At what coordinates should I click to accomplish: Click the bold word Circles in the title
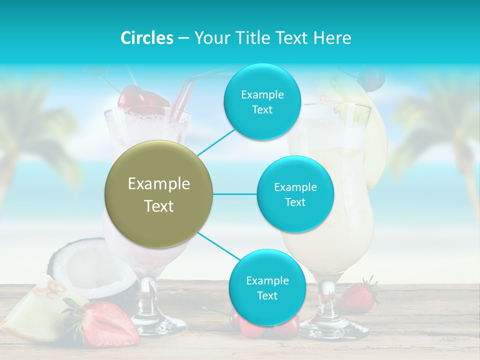point(147,38)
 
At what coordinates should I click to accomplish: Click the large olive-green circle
point(158,194)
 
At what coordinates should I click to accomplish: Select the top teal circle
point(262,101)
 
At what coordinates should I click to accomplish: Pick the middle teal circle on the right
point(295,194)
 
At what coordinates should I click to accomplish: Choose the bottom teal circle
point(267,287)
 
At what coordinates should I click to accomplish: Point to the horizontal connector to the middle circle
point(234,194)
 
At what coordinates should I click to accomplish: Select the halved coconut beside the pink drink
point(80,265)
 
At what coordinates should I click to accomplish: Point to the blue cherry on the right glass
point(372,77)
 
